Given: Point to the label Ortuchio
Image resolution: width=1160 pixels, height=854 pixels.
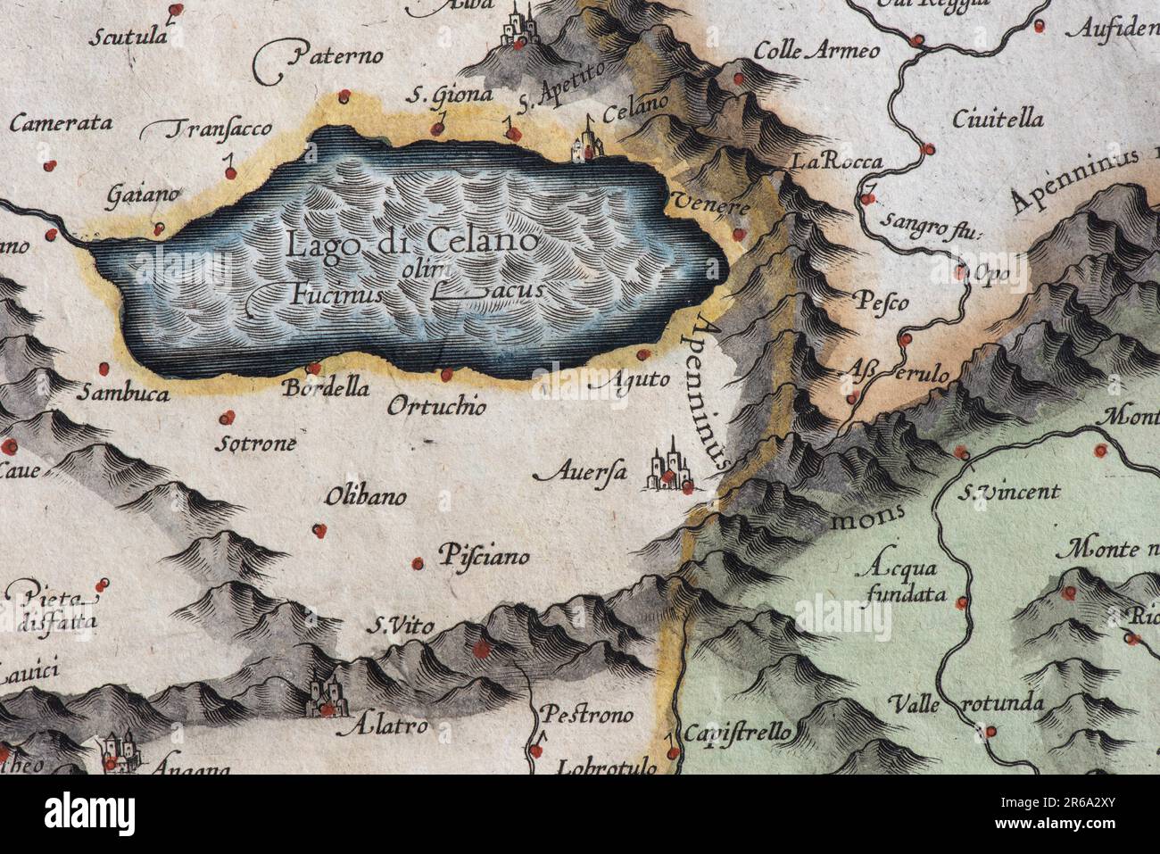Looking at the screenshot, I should point(437,407).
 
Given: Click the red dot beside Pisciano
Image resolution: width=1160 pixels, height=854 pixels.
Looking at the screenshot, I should point(418,562).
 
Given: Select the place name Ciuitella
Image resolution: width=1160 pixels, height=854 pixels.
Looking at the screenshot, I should point(997,119).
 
